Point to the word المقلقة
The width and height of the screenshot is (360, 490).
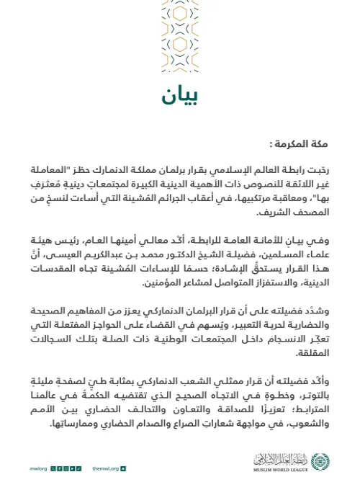click(x=312, y=352)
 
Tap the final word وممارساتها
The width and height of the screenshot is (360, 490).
click(x=76, y=423)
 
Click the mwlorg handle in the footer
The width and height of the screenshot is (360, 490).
click(x=38, y=468)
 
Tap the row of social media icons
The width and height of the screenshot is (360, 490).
click(x=66, y=468)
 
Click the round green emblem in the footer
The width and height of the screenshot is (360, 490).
click(x=320, y=461)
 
